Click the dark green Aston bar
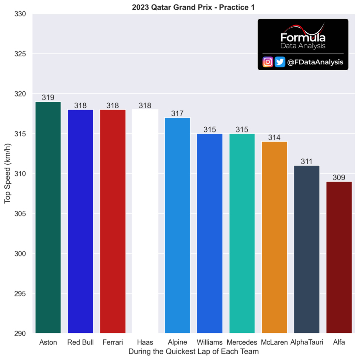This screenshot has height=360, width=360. (48, 217)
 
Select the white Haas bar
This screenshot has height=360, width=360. (145, 221)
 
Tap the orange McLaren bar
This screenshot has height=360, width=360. (274, 237)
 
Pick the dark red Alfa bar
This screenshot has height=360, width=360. (339, 257)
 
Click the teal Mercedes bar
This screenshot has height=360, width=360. (242, 233)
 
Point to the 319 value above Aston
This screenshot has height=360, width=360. (48, 97)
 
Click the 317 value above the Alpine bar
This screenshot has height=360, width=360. (177, 114)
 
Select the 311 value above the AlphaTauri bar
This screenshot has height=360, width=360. (307, 161)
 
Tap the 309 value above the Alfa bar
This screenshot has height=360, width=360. (339, 177)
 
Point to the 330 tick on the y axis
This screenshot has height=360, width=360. (20, 14)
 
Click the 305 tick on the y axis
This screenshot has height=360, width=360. (20, 214)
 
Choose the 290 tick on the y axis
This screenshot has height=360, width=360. (20, 333)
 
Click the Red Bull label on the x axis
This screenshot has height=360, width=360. (80, 342)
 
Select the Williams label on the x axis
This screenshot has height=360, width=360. (210, 342)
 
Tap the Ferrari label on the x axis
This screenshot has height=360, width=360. (113, 342)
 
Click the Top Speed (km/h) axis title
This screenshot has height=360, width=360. (7, 174)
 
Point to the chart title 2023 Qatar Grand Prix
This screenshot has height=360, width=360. (172, 7)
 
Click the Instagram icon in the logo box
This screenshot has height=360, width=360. (268, 62)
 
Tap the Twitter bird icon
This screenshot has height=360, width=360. (280, 62)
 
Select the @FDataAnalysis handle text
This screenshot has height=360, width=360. (315, 62)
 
